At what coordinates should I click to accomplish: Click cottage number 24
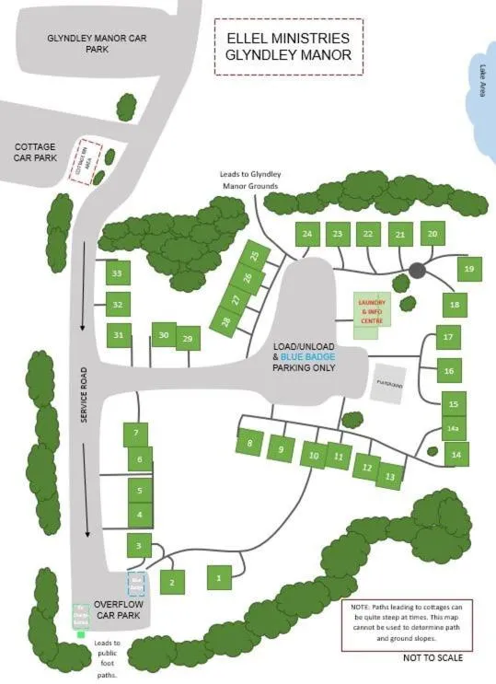click(306, 234)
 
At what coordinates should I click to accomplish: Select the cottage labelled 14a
click(453, 428)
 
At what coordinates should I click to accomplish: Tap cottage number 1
click(219, 577)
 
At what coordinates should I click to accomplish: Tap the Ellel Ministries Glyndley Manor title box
click(287, 45)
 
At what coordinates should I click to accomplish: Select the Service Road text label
click(83, 396)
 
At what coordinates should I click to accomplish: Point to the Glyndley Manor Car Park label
click(98, 43)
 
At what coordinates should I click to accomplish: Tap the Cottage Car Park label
click(35, 152)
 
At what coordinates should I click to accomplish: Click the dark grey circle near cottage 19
click(417, 270)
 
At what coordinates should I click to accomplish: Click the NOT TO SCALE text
click(433, 657)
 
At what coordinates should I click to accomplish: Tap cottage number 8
click(248, 444)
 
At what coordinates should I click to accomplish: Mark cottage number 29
click(188, 340)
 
